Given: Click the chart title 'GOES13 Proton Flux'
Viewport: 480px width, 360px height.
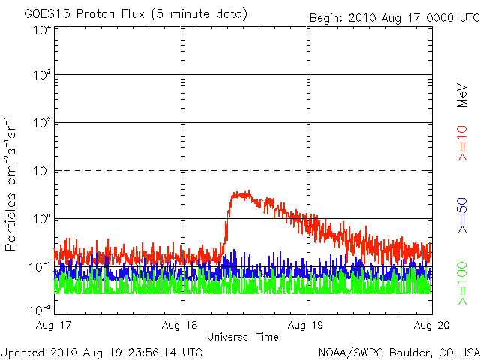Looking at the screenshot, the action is pos(84,13).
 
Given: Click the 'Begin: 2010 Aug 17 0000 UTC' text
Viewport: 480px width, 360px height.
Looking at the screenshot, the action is pos(395,18).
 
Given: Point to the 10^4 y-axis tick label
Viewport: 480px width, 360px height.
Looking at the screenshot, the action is pos(43,30).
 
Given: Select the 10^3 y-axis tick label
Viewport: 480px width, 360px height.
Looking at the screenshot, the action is pos(43,74).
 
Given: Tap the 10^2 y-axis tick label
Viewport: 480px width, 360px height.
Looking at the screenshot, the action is pos(43,122).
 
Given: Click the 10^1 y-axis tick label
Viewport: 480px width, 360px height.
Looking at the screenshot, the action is pos(43,170).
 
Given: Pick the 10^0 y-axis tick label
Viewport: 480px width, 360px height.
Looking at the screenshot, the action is pos(43,218).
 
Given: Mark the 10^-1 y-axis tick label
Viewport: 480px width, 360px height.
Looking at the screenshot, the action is pos(40,267).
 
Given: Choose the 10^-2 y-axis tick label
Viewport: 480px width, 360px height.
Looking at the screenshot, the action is pos(40,310).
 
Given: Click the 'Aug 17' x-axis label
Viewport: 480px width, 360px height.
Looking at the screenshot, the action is pos(53,325).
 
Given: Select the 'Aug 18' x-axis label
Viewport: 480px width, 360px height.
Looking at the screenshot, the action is pos(180,325).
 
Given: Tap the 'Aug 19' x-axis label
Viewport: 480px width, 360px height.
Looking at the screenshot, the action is pos(305,325).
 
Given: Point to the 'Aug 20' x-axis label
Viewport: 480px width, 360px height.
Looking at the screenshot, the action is pos(432,325).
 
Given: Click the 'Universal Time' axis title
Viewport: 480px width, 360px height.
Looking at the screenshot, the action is pos(243,337).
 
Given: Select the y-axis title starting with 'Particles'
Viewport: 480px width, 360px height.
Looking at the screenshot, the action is pos(10,184).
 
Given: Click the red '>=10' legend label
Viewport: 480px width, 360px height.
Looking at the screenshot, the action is pos(462,143).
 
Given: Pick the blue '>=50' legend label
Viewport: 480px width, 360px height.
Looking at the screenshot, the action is pos(462,215).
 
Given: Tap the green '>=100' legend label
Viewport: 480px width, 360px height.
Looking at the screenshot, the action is pos(462,283).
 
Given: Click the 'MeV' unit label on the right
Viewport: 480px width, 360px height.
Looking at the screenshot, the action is pos(462,94).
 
